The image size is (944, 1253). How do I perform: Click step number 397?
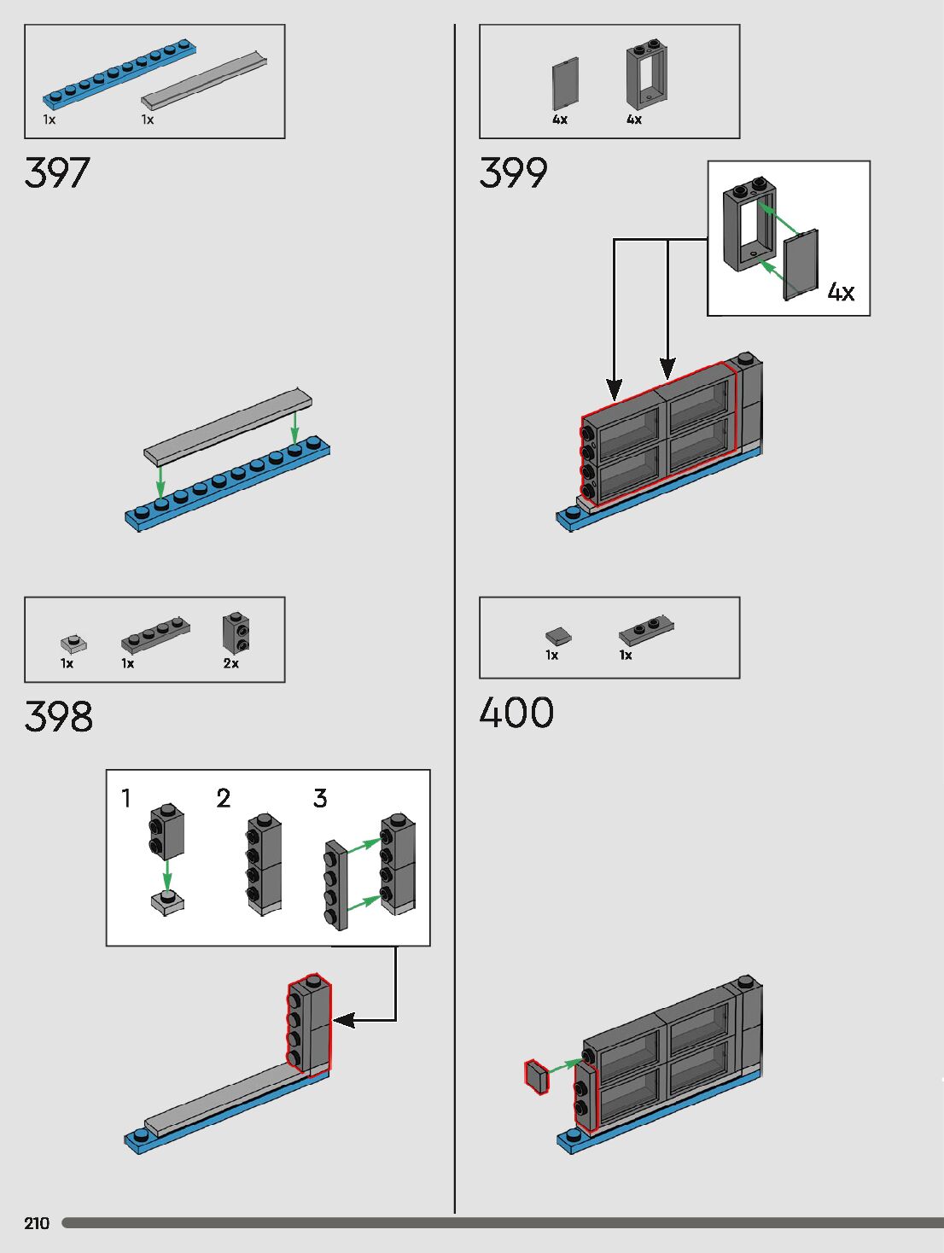(57, 173)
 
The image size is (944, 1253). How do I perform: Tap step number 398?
(58, 717)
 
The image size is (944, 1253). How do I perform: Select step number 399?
(513, 173)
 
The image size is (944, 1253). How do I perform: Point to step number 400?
(516, 713)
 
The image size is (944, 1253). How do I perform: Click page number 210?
(37, 1223)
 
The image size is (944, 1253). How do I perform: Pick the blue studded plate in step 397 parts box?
(119, 72)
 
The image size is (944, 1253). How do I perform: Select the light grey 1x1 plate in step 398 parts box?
(73, 642)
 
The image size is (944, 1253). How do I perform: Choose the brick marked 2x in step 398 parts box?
(236, 632)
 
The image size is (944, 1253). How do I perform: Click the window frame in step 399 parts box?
(646, 75)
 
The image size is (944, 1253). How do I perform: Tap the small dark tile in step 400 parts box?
(558, 635)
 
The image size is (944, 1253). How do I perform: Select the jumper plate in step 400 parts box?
(646, 630)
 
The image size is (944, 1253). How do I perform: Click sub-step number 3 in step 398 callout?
(320, 798)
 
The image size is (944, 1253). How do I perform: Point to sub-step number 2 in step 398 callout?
(224, 798)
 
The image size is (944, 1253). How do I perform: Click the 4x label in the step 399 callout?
(841, 293)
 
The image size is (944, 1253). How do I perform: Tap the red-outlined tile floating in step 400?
(536, 1077)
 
